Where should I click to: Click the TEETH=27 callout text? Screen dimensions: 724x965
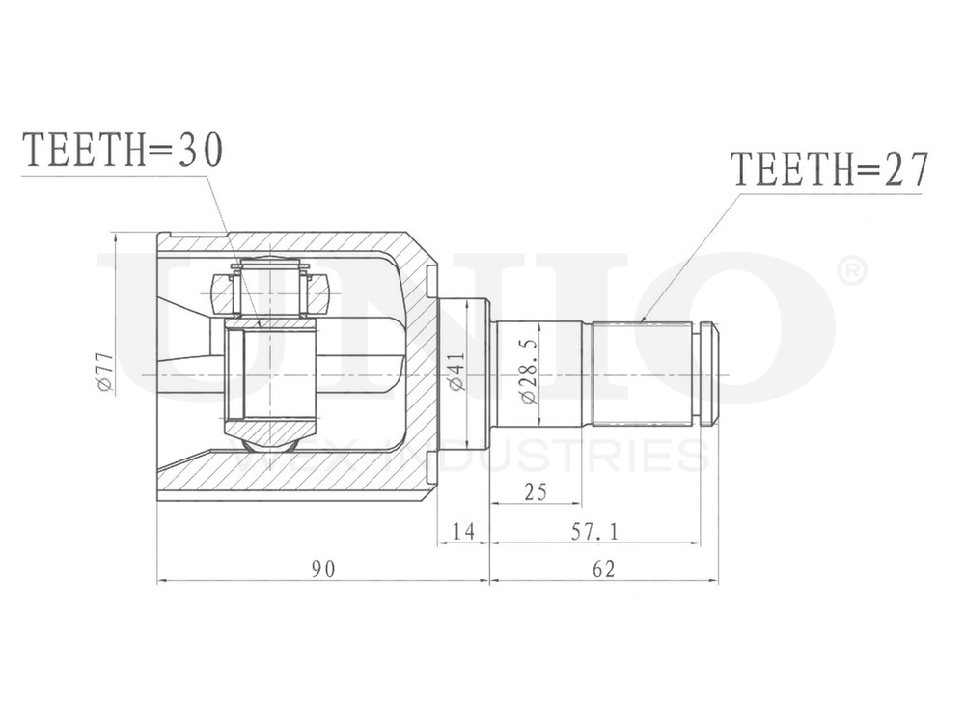[829, 170]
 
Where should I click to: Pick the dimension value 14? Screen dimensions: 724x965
[463, 530]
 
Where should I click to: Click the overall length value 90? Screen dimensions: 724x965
[322, 569]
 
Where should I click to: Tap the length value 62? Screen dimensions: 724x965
[603, 569]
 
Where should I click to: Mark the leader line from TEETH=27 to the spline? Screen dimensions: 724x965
[690, 256]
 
